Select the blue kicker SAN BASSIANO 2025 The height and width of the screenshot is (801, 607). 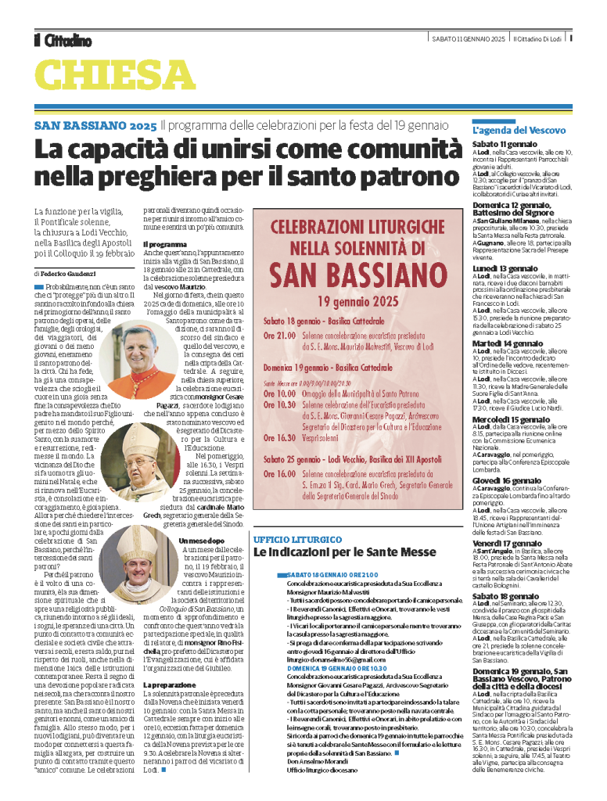point(95,125)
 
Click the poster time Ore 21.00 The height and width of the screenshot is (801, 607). point(278,334)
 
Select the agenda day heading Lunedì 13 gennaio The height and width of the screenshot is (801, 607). point(505,268)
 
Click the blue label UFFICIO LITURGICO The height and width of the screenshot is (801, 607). point(297,540)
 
